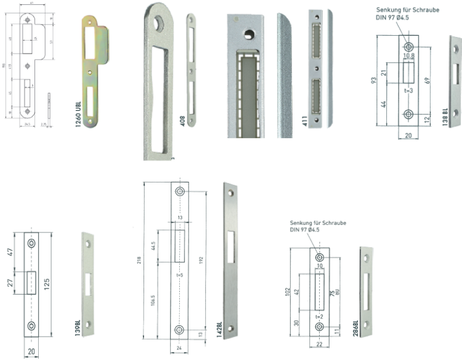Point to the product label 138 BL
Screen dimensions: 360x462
(x=445, y=117)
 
